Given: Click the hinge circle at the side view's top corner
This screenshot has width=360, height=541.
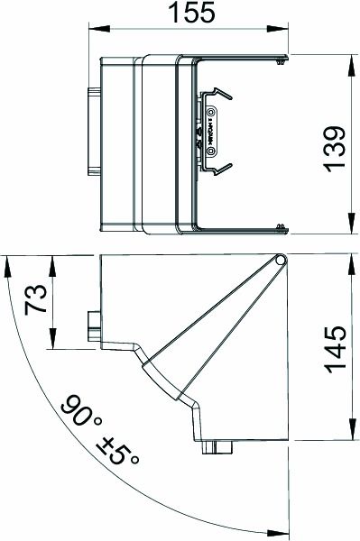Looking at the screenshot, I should (x=281, y=261).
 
